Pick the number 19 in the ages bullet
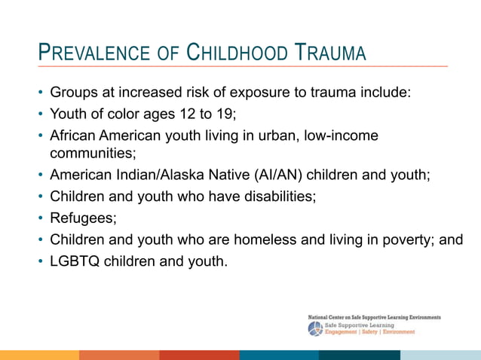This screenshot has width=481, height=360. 228,114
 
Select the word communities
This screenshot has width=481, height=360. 93,153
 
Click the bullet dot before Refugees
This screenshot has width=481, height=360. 40,219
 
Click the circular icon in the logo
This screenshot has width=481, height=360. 314,328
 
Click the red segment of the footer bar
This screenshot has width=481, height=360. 199,355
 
